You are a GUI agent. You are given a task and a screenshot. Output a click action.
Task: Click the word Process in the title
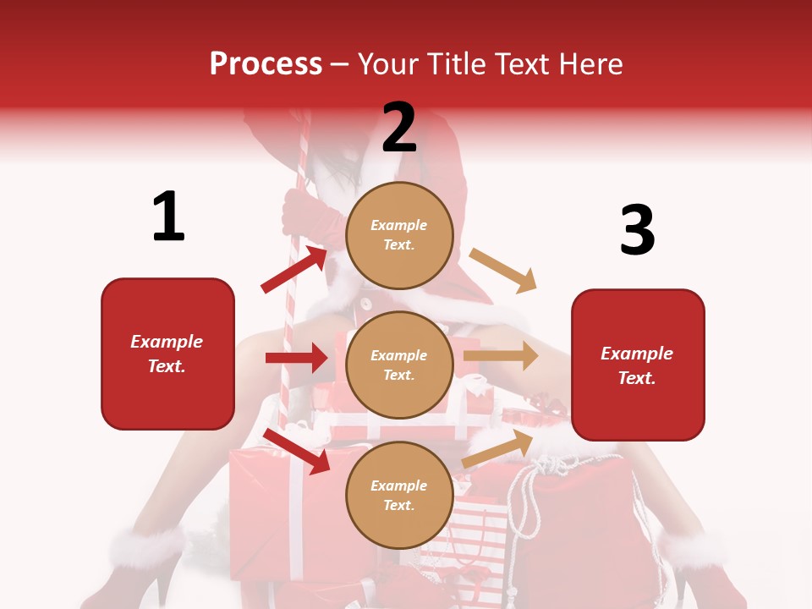click(x=266, y=63)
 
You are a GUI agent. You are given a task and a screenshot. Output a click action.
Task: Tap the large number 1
click(x=168, y=217)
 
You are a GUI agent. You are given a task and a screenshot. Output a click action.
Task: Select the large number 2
click(x=399, y=128)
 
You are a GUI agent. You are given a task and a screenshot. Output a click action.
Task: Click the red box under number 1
click(x=167, y=354)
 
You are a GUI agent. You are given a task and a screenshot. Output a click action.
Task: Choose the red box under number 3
click(x=638, y=365)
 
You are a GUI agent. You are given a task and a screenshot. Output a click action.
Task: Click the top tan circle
click(x=399, y=234)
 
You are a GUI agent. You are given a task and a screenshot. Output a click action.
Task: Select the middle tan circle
click(x=399, y=365)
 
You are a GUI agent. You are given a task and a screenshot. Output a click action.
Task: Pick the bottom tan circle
click(x=399, y=495)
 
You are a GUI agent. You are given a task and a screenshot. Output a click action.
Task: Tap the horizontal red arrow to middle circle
click(x=296, y=358)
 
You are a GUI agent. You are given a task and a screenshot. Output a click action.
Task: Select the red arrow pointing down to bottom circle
click(x=296, y=451)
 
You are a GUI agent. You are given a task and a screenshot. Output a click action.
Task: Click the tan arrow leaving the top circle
click(x=503, y=271)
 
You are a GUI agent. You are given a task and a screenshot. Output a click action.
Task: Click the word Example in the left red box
click(x=167, y=342)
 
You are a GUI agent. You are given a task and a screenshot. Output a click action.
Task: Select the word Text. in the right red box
click(x=637, y=378)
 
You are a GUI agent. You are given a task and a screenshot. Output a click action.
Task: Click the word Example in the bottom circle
click(x=399, y=486)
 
